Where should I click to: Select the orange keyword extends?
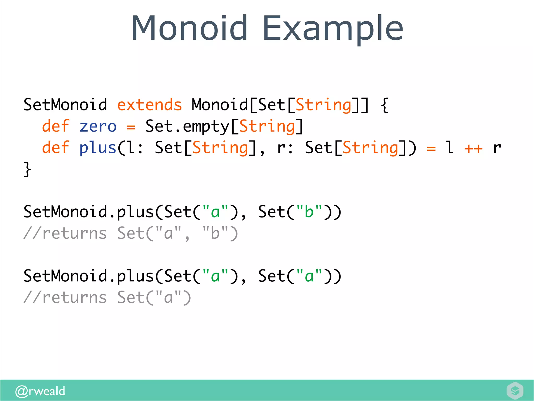[149, 105]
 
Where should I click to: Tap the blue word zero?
[98, 127]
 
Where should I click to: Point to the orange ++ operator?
[474, 148]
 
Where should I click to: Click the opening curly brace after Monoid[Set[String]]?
[385, 105]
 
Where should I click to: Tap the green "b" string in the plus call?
[309, 211]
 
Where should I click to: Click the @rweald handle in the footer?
[40, 391]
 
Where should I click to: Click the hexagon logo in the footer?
[515, 391]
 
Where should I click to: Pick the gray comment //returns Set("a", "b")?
[131, 233]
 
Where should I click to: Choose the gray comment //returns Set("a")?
[107, 298]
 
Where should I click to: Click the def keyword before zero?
[56, 127]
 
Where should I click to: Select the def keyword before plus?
[56, 148]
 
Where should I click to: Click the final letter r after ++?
[497, 148]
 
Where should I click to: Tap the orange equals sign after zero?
[131, 127]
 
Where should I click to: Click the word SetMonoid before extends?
[65, 105]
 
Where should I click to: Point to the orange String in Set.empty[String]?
[267, 127]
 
